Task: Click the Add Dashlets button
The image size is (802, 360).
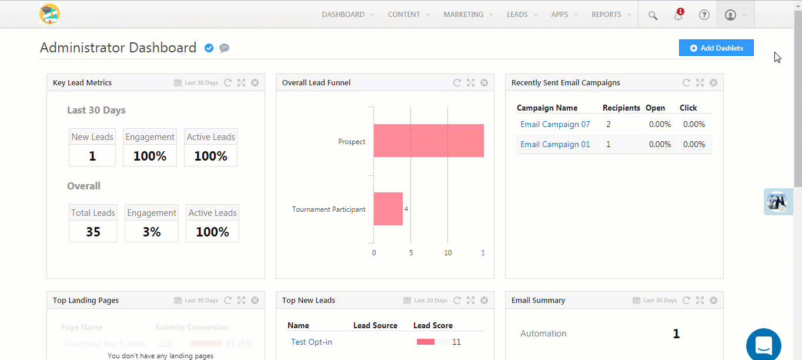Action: (x=716, y=48)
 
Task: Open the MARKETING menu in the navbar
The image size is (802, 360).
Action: (x=463, y=15)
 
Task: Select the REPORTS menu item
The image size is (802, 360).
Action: (x=606, y=15)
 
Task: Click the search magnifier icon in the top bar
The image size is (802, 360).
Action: (x=653, y=15)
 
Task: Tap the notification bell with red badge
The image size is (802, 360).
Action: (x=679, y=15)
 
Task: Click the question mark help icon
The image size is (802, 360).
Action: (x=704, y=15)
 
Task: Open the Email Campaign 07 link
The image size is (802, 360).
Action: (x=555, y=124)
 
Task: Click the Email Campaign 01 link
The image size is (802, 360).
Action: (x=555, y=144)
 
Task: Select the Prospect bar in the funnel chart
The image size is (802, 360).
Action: (x=429, y=141)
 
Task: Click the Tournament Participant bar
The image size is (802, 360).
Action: (x=388, y=209)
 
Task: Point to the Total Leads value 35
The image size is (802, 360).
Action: (x=93, y=232)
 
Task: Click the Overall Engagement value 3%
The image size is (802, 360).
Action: (x=152, y=232)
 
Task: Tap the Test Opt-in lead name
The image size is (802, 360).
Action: (x=312, y=342)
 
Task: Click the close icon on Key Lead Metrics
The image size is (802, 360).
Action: (x=255, y=83)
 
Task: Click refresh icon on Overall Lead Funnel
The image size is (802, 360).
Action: (x=457, y=83)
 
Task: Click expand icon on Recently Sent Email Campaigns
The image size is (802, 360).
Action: (x=700, y=83)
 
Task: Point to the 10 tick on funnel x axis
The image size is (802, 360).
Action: (x=448, y=253)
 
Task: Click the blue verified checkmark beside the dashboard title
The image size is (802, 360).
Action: (x=209, y=48)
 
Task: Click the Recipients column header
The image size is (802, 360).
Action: (x=621, y=108)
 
